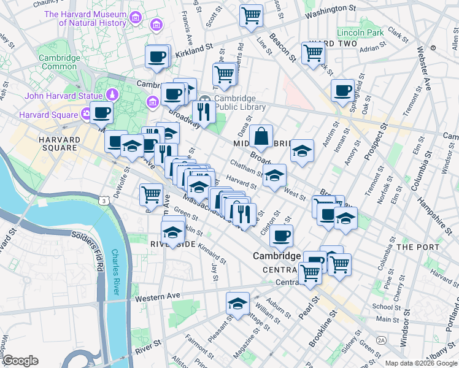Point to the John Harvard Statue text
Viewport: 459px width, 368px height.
(x=63, y=95)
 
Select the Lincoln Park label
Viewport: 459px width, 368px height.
(x=360, y=32)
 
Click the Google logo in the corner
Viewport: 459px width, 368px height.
(x=20, y=361)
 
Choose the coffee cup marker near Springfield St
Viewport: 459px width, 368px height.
(x=342, y=91)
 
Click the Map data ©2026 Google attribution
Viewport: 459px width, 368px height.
(x=421, y=363)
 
